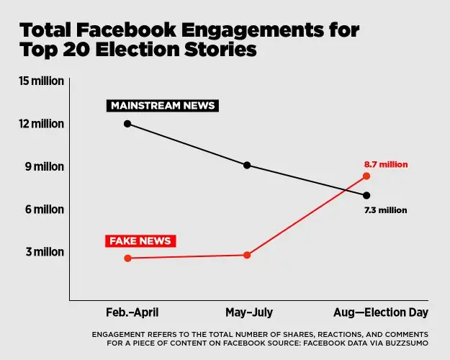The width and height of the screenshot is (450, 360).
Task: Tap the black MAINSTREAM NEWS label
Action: (x=163, y=106)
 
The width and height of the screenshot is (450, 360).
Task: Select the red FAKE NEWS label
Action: (x=140, y=240)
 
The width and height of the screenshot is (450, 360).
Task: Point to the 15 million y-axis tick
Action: (x=42, y=81)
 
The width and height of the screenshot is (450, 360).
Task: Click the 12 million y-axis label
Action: (x=42, y=124)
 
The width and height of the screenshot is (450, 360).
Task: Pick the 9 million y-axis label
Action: (x=45, y=166)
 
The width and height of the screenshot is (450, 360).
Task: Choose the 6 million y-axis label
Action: (x=45, y=209)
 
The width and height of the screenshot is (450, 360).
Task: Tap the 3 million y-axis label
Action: (x=45, y=251)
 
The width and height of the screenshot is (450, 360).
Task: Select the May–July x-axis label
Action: (x=248, y=312)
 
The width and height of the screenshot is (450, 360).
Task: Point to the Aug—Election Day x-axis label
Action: (x=381, y=312)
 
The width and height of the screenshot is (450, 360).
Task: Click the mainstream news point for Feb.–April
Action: (x=127, y=124)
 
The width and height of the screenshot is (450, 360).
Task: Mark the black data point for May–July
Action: (x=247, y=165)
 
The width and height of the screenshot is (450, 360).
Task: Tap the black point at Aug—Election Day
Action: (x=366, y=195)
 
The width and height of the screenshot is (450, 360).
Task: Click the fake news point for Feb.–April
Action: (x=127, y=258)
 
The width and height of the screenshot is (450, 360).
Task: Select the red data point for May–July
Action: (x=247, y=255)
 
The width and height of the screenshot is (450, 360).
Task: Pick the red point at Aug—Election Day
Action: (x=366, y=176)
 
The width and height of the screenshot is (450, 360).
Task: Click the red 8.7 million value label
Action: (x=386, y=164)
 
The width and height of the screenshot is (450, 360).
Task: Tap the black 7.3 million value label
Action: (x=386, y=210)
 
